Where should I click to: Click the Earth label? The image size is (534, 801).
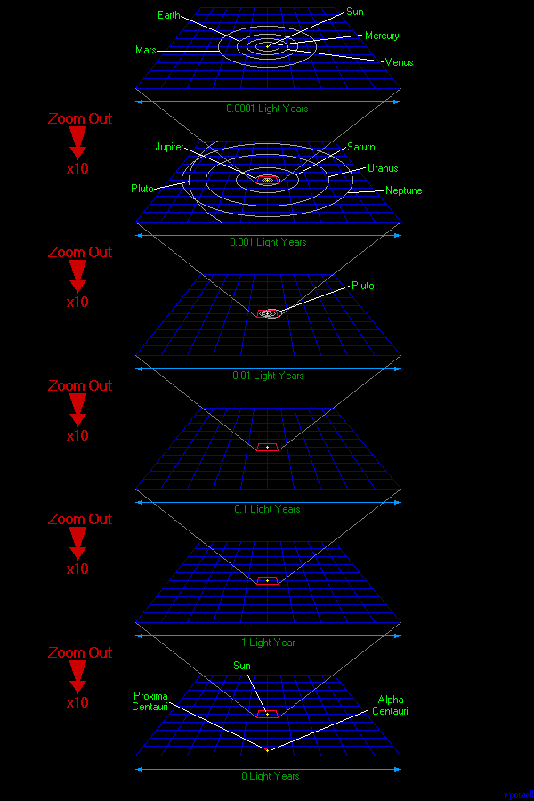168,15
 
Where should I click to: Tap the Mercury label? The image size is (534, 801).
382,36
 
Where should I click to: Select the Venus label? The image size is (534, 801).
399,62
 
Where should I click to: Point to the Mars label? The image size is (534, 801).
147,50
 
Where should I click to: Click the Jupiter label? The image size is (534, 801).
171,146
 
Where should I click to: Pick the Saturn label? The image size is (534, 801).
361,147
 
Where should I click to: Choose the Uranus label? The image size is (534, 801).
383,168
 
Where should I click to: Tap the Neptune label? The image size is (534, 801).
403,190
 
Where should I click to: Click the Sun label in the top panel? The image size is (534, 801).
354,12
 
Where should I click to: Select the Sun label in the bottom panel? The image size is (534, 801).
242,666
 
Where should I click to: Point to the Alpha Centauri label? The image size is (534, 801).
391,706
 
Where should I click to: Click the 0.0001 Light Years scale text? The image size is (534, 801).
268,109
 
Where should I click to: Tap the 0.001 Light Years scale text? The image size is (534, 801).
268,242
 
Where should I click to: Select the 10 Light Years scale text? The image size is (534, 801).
268,776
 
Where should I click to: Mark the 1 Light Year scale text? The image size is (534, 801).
268,643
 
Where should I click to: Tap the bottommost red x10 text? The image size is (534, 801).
77,702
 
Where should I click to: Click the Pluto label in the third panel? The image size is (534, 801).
363,286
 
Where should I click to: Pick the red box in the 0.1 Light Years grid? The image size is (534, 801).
267,447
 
